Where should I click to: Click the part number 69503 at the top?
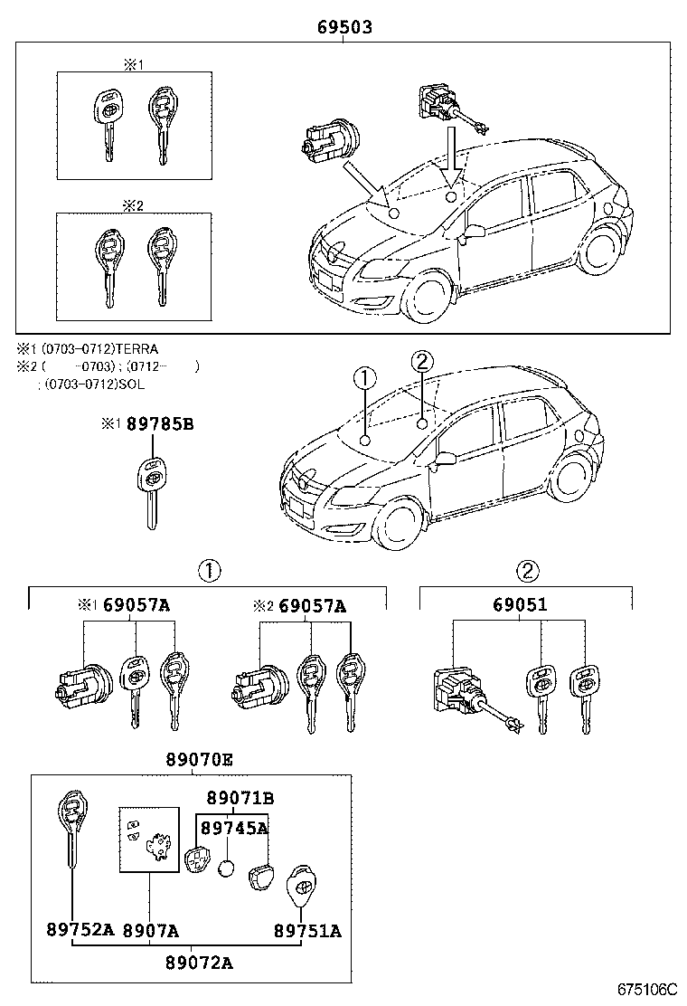344,27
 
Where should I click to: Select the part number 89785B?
160,424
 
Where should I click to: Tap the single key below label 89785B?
151,492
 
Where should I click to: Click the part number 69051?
520,604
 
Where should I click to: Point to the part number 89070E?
199,760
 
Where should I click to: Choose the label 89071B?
240,798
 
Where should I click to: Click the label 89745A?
234,829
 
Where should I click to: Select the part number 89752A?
80,930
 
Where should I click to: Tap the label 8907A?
151,930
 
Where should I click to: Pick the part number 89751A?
307,930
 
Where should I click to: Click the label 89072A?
199,963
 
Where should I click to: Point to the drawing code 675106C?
647,989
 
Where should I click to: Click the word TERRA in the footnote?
136,349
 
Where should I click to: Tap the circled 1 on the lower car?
364,379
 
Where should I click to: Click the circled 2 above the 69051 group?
527,570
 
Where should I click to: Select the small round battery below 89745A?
226,869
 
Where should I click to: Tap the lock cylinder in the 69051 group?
475,699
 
